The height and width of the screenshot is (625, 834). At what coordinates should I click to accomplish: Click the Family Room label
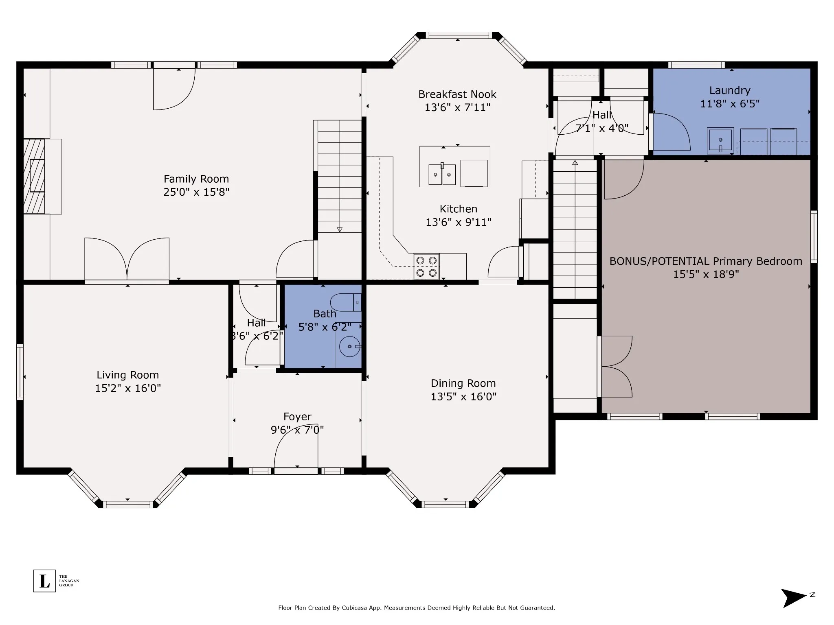(x=196, y=179)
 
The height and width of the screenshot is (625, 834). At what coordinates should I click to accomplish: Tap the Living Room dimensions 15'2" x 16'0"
(x=128, y=388)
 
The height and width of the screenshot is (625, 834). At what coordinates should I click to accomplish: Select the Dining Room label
(x=463, y=383)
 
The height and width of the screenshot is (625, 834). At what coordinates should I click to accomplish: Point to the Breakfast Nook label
(x=457, y=94)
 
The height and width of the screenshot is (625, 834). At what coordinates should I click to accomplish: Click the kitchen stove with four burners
(x=426, y=267)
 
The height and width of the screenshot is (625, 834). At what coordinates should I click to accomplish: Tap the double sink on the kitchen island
(x=442, y=175)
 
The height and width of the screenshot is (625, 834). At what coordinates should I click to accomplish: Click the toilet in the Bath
(x=346, y=303)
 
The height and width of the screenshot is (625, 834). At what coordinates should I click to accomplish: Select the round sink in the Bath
(x=350, y=347)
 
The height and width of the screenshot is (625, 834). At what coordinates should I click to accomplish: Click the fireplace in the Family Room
(x=34, y=176)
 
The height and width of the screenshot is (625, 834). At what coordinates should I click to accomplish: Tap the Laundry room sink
(x=720, y=141)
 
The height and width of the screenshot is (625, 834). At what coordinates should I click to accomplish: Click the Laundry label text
(x=730, y=90)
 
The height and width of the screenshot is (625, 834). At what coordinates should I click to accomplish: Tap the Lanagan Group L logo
(x=44, y=581)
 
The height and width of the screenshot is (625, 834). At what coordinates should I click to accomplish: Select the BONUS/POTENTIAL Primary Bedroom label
(x=706, y=261)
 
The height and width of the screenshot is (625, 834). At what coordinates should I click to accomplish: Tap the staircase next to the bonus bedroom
(x=575, y=229)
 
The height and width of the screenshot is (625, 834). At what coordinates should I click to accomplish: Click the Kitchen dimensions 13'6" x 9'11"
(x=459, y=222)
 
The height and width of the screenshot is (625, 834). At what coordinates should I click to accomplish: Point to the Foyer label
(x=297, y=417)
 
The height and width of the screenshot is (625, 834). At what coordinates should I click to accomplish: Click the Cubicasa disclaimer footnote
(x=417, y=608)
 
